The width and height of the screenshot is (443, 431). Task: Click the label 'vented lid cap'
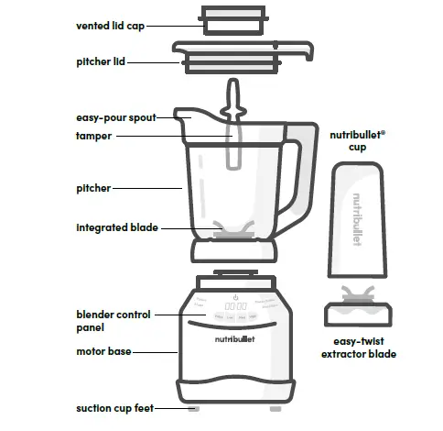click(x=109, y=26)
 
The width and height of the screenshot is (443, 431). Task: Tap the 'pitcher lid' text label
click(x=101, y=62)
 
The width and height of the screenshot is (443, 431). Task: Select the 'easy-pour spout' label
click(x=115, y=117)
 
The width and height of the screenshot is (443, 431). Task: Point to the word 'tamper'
click(x=94, y=136)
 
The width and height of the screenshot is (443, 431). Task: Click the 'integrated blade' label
click(x=115, y=227)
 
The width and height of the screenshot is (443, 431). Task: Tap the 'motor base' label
click(x=101, y=350)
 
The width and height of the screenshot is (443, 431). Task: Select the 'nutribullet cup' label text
click(x=357, y=139)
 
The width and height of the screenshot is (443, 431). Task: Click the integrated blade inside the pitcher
click(x=234, y=230)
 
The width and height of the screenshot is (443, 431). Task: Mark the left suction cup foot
click(x=193, y=406)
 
